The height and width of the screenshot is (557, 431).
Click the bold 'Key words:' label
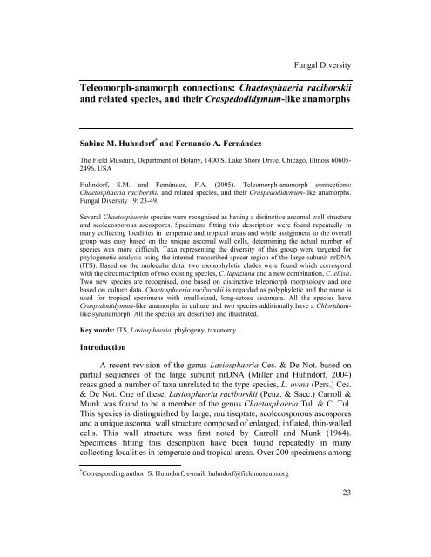[77, 368]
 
